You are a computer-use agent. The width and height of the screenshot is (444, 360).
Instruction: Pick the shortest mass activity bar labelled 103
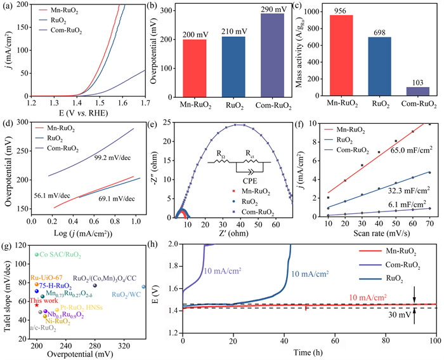click(x=410, y=91)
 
